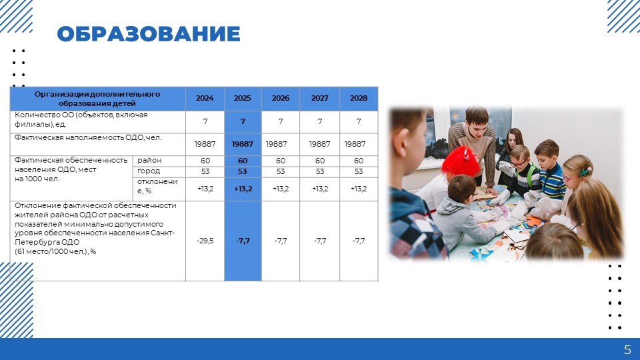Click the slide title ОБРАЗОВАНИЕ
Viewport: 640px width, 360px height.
pyautogui.click(x=149, y=34)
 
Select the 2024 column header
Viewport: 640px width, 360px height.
pyautogui.click(x=205, y=99)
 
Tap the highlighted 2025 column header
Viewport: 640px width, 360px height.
pyautogui.click(x=243, y=99)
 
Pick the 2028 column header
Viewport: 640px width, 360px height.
pyautogui.click(x=359, y=99)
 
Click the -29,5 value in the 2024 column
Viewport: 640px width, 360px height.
pyautogui.click(x=205, y=241)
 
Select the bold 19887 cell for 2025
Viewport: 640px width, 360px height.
pyautogui.click(x=243, y=144)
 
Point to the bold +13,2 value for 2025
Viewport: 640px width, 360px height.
pyautogui.click(x=243, y=189)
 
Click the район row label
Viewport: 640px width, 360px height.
pyautogui.click(x=149, y=160)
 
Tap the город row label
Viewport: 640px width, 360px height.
pyautogui.click(x=149, y=171)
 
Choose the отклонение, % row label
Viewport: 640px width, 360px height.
pyautogui.click(x=157, y=186)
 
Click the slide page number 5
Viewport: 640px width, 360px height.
pyautogui.click(x=627, y=350)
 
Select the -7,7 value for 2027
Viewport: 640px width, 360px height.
pyautogui.click(x=320, y=241)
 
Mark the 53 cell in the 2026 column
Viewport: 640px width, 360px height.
pyautogui.click(x=281, y=171)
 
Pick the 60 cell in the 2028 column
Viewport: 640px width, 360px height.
pyautogui.click(x=359, y=161)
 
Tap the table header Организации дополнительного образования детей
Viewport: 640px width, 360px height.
pyautogui.click(x=97, y=99)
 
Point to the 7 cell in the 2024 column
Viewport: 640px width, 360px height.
pyautogui.click(x=205, y=121)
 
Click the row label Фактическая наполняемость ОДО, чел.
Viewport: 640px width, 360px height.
pyautogui.click(x=88, y=137)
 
